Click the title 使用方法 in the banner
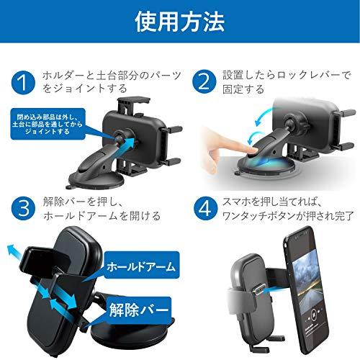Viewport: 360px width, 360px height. click(180, 22)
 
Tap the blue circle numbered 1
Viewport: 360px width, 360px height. click(23, 83)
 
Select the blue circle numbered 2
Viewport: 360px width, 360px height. click(204, 81)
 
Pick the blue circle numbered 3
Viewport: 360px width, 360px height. click(23, 208)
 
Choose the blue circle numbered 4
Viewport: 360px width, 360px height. click(205, 208)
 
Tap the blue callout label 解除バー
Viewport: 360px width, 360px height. click(138, 310)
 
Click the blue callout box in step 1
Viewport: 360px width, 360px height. click(48, 124)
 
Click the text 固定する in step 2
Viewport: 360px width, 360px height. click(243, 90)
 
